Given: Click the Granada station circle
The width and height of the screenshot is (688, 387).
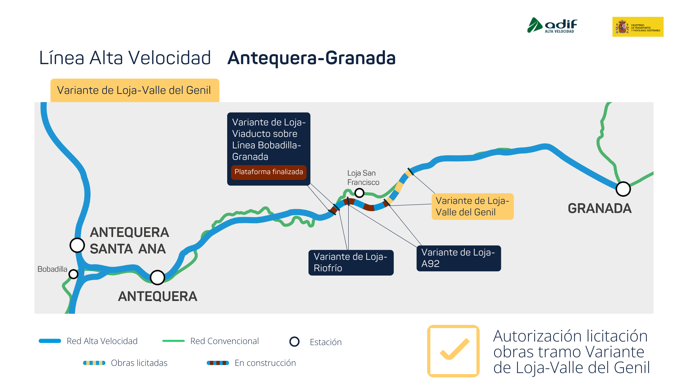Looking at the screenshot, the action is [623, 189].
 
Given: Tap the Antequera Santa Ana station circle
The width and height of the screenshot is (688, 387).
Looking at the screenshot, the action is [77, 245].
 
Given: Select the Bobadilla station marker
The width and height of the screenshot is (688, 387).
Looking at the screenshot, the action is [73, 274].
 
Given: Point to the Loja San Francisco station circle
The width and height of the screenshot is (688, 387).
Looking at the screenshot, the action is [359, 193].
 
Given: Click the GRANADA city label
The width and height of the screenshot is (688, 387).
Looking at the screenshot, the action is [599, 208].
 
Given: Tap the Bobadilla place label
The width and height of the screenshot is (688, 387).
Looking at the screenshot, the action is [52, 269].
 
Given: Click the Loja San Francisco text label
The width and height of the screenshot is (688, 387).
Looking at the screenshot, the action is [363, 178].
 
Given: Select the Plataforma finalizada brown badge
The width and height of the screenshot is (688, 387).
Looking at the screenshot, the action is [269, 172].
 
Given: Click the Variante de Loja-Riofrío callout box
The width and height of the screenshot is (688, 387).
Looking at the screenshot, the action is [351, 263].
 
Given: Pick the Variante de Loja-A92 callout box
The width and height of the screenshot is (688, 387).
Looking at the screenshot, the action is [459, 258].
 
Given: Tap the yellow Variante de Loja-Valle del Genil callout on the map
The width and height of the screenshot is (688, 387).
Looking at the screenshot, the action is [473, 206].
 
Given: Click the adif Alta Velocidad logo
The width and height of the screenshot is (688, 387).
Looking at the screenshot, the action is [552, 25].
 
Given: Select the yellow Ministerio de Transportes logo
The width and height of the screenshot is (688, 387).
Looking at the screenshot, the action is [638, 27].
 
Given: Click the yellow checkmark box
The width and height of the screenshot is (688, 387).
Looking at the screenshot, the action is [453, 351].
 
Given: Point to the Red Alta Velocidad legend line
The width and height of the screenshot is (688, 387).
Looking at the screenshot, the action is [50, 341].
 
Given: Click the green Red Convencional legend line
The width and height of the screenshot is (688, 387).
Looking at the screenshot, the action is [173, 341].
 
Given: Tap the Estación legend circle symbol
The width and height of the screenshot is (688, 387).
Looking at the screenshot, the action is [295, 341].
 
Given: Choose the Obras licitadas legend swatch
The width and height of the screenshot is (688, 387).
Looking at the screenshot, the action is [94, 363].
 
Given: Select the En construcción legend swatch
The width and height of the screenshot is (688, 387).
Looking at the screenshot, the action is [218, 363].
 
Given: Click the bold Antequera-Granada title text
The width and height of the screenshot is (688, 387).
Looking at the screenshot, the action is [311, 58].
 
